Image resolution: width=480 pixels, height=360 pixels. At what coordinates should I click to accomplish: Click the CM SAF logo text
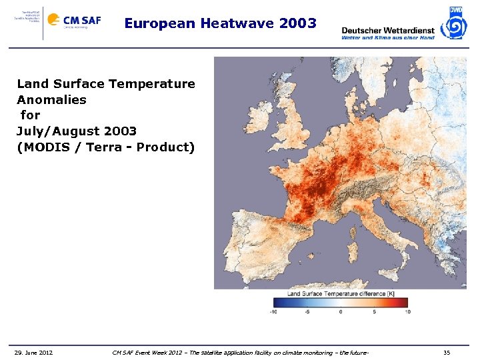click(x=82, y=20)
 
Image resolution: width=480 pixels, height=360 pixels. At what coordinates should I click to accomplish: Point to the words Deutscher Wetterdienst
click(x=387, y=30)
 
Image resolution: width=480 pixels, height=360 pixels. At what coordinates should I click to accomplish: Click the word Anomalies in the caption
click(x=51, y=99)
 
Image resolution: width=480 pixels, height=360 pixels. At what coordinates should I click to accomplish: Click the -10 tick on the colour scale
click(x=273, y=311)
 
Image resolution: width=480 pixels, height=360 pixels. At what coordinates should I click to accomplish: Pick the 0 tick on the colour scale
click(x=341, y=311)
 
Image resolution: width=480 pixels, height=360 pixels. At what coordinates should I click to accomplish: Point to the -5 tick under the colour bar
click(x=307, y=311)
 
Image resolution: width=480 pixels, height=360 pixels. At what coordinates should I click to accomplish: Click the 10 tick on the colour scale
click(x=407, y=311)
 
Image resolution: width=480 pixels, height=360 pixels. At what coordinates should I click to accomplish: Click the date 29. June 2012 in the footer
click(x=33, y=352)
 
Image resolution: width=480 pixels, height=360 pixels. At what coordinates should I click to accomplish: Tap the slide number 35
click(x=447, y=352)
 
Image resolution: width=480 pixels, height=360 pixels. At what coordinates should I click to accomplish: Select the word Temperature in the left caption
click(x=153, y=84)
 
